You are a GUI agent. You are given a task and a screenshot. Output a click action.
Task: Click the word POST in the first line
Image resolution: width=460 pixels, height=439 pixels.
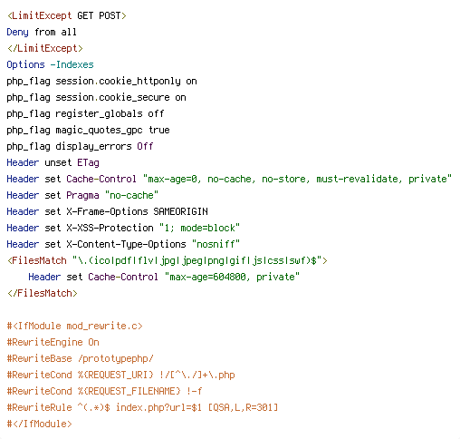pyautogui.click(x=110, y=15)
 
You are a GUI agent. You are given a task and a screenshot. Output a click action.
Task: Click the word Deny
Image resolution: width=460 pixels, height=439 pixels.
pyautogui.click(x=18, y=32)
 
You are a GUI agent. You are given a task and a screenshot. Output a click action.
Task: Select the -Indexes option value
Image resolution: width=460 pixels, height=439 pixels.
pyautogui.click(x=72, y=64)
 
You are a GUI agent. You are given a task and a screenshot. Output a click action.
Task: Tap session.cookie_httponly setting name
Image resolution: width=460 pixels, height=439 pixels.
pyautogui.click(x=119, y=81)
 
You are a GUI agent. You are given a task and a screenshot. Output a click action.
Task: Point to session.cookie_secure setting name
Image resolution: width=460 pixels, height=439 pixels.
pyautogui.click(x=113, y=97)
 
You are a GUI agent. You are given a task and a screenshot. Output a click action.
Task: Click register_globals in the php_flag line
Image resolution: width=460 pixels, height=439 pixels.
pyautogui.click(x=99, y=113)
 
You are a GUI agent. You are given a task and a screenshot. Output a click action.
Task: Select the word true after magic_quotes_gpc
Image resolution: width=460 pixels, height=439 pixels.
pyautogui.click(x=159, y=130)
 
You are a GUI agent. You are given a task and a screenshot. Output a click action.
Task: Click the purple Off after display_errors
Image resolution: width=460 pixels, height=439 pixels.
pyautogui.click(x=145, y=146)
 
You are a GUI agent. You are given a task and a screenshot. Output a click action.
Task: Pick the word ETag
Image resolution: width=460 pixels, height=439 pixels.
pyautogui.click(x=88, y=162)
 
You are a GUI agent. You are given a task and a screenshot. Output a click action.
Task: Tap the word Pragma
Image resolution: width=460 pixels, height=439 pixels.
pyautogui.click(x=82, y=195)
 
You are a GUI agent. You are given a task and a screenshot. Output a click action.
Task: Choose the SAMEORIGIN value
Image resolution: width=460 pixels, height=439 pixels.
pyautogui.click(x=180, y=211)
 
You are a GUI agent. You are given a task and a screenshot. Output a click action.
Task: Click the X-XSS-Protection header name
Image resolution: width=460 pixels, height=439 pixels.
pyautogui.click(x=110, y=228)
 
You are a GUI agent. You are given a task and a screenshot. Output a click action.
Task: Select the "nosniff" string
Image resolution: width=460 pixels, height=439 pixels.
pyautogui.click(x=216, y=244)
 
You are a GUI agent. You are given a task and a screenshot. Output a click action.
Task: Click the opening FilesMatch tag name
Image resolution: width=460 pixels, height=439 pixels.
pyautogui.click(x=39, y=260)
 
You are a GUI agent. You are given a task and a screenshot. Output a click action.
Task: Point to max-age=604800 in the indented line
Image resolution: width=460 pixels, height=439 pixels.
pyautogui.click(x=207, y=277)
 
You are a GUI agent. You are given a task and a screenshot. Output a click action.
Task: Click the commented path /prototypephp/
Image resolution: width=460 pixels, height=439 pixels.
pyautogui.click(x=116, y=358)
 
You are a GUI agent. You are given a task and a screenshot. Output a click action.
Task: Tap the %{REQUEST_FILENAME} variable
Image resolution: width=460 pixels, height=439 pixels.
pyautogui.click(x=129, y=391)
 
